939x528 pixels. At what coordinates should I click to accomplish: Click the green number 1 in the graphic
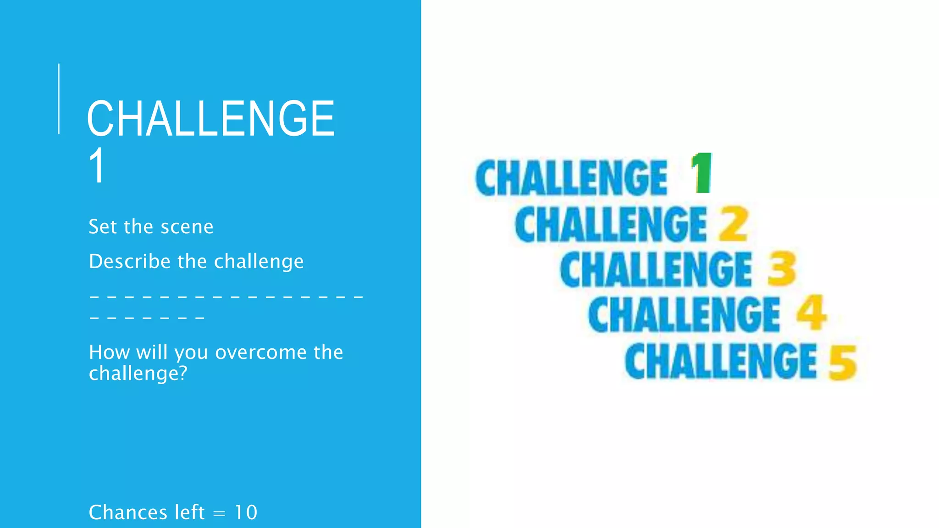tap(701, 173)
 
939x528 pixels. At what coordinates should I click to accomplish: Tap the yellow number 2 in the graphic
tap(734, 224)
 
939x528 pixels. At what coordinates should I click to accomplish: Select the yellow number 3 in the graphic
tap(782, 269)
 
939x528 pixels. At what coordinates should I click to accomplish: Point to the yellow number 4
tap(811, 313)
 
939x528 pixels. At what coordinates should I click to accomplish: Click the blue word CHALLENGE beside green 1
tap(571, 178)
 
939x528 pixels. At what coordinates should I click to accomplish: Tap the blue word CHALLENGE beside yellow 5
tap(721, 362)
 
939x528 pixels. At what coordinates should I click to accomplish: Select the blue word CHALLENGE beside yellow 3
tap(656, 269)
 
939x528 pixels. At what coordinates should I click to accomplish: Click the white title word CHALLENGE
tap(211, 119)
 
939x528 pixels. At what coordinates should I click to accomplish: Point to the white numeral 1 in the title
tap(97, 166)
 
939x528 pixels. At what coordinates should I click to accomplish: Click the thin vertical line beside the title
tap(59, 99)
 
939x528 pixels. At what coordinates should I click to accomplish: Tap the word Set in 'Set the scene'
tap(102, 227)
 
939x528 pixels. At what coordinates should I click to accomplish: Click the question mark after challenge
tap(183, 373)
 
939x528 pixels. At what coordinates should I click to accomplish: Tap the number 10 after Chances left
tap(246, 512)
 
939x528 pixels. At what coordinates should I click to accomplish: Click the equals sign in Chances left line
tap(220, 514)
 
